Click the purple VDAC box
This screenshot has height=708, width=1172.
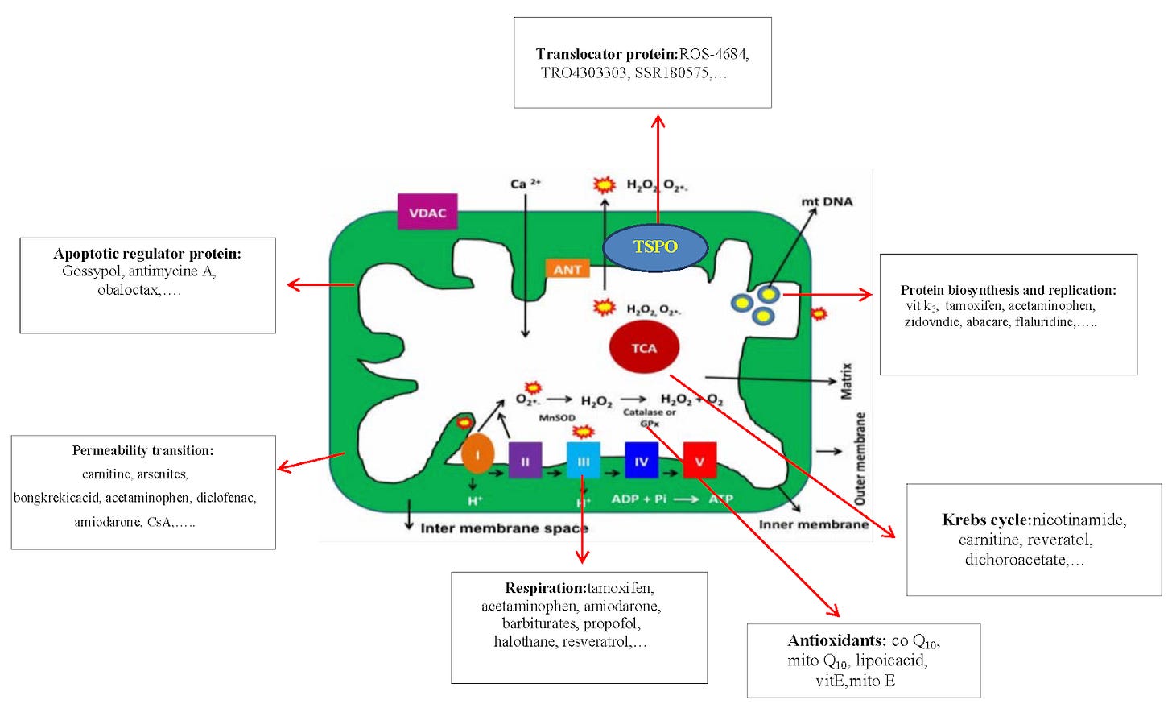click(427, 212)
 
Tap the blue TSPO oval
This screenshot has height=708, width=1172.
click(655, 248)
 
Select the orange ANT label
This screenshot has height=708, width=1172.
click(567, 269)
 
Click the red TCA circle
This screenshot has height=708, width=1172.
click(644, 347)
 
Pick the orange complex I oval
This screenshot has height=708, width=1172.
click(477, 455)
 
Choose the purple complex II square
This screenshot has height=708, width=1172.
click(526, 461)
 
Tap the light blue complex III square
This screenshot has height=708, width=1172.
click(584, 461)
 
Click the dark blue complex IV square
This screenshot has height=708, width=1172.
click(642, 461)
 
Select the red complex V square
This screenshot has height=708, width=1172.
click(699, 461)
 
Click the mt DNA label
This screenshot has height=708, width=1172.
click(827, 201)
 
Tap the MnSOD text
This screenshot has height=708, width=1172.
click(557, 418)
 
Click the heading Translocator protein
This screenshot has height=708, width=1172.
click(607, 54)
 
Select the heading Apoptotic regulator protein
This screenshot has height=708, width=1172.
click(147, 254)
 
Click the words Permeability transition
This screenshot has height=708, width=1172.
click(142, 450)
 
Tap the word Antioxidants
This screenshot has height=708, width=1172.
click(836, 640)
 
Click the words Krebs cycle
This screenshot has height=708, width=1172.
click(987, 520)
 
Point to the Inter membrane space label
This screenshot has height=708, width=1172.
click(505, 528)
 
